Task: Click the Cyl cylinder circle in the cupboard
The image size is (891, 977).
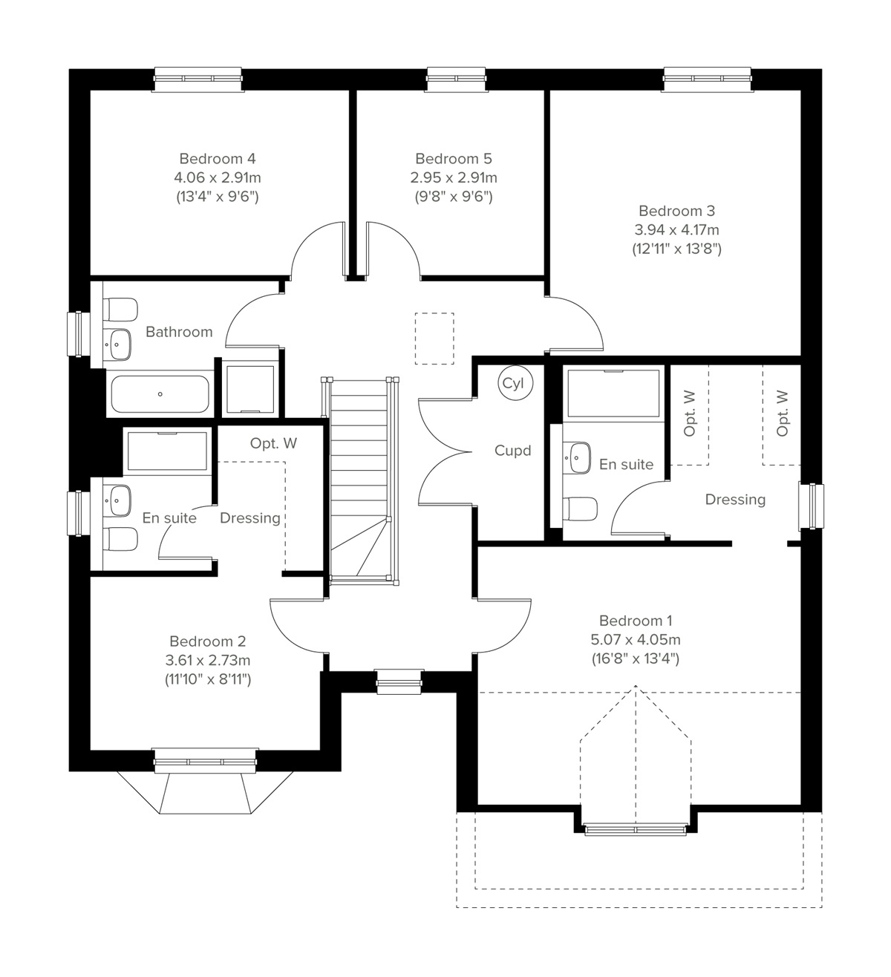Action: point(512,384)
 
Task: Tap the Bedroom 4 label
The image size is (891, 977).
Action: point(217,159)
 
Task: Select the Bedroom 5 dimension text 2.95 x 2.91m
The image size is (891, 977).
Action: point(453,178)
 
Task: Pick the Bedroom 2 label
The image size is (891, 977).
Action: point(207,641)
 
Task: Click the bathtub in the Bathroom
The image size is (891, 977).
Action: point(160,393)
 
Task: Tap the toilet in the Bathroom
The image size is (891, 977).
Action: point(121,308)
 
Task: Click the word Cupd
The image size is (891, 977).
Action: point(512,451)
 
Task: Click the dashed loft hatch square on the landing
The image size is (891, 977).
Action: point(434,339)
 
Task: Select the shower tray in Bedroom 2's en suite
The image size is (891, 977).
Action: point(167,451)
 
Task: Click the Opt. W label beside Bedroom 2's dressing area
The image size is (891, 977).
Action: point(273,443)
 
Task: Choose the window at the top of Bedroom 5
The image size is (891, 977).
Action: point(456,79)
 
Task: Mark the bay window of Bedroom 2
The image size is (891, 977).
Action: point(205,787)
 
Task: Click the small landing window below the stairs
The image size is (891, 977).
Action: point(399,682)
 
